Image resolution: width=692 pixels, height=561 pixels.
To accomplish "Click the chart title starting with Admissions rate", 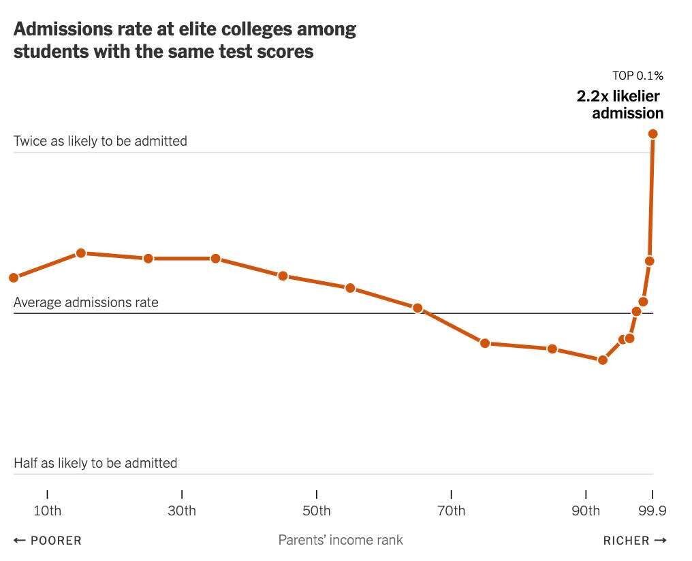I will (185, 40).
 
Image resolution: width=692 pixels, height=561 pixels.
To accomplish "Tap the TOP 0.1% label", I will (637, 76).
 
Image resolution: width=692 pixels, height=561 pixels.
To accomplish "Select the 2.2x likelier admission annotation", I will (620, 104).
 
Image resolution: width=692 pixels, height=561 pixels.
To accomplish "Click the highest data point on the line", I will (653, 133).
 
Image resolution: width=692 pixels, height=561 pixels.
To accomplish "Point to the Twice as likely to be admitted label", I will (100, 141).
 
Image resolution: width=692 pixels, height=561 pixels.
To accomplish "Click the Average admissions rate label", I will (86, 302).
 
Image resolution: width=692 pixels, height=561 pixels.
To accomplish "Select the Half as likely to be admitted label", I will (95, 463).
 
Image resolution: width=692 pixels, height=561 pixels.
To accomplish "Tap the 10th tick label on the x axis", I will (47, 511).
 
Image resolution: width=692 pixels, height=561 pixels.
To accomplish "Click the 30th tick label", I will (182, 511).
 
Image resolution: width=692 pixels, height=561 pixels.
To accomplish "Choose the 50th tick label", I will (316, 511).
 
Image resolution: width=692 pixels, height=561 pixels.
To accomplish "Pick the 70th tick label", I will (451, 511).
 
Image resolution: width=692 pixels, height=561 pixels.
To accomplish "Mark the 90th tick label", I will (585, 511).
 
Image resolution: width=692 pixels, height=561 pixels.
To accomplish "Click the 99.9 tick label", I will (652, 511).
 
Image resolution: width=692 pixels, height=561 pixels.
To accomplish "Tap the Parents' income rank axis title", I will (341, 540).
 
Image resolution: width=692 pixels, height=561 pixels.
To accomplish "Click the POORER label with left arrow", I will (48, 541).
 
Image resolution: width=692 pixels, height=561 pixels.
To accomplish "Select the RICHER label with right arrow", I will (634, 541).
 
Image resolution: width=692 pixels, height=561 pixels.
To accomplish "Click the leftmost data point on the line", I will (14, 277).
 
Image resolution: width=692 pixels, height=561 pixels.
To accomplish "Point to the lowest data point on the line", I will (602, 359).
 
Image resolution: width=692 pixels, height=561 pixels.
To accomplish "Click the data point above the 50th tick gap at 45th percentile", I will (283, 276).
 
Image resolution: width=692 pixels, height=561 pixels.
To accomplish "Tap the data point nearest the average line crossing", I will (418, 308).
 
